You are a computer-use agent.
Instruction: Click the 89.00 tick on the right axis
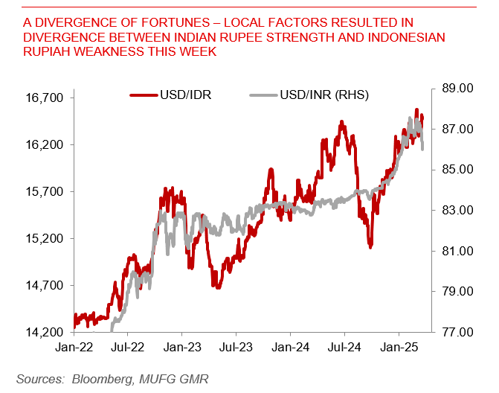point(456,89)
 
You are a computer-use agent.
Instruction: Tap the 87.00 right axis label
point(456,130)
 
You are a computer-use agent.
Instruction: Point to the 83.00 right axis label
point(456,211)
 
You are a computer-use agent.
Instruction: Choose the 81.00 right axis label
point(456,251)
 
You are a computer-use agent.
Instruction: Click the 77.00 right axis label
point(456,332)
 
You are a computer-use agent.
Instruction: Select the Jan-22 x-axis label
point(74,347)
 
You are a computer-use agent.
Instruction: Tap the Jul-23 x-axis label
point(236,347)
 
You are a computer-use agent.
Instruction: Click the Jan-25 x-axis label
point(398,347)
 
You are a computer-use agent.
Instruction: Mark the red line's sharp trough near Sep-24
point(370,246)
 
